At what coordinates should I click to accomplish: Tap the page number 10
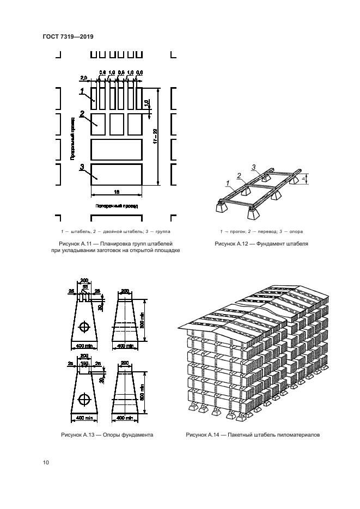coord(46,463)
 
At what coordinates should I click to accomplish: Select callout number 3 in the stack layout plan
coord(82,168)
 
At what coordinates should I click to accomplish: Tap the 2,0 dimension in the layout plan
coord(83,78)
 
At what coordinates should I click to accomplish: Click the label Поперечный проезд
coord(117,206)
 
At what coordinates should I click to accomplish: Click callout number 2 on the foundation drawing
coord(239,175)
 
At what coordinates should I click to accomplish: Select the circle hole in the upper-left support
coord(84,327)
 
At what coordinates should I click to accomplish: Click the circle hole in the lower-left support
coord(84,396)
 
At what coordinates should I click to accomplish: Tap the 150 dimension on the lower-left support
coord(84,363)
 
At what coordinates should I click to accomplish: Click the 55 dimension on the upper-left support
coord(84,287)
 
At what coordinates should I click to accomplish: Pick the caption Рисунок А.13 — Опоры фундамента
coord(107,435)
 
